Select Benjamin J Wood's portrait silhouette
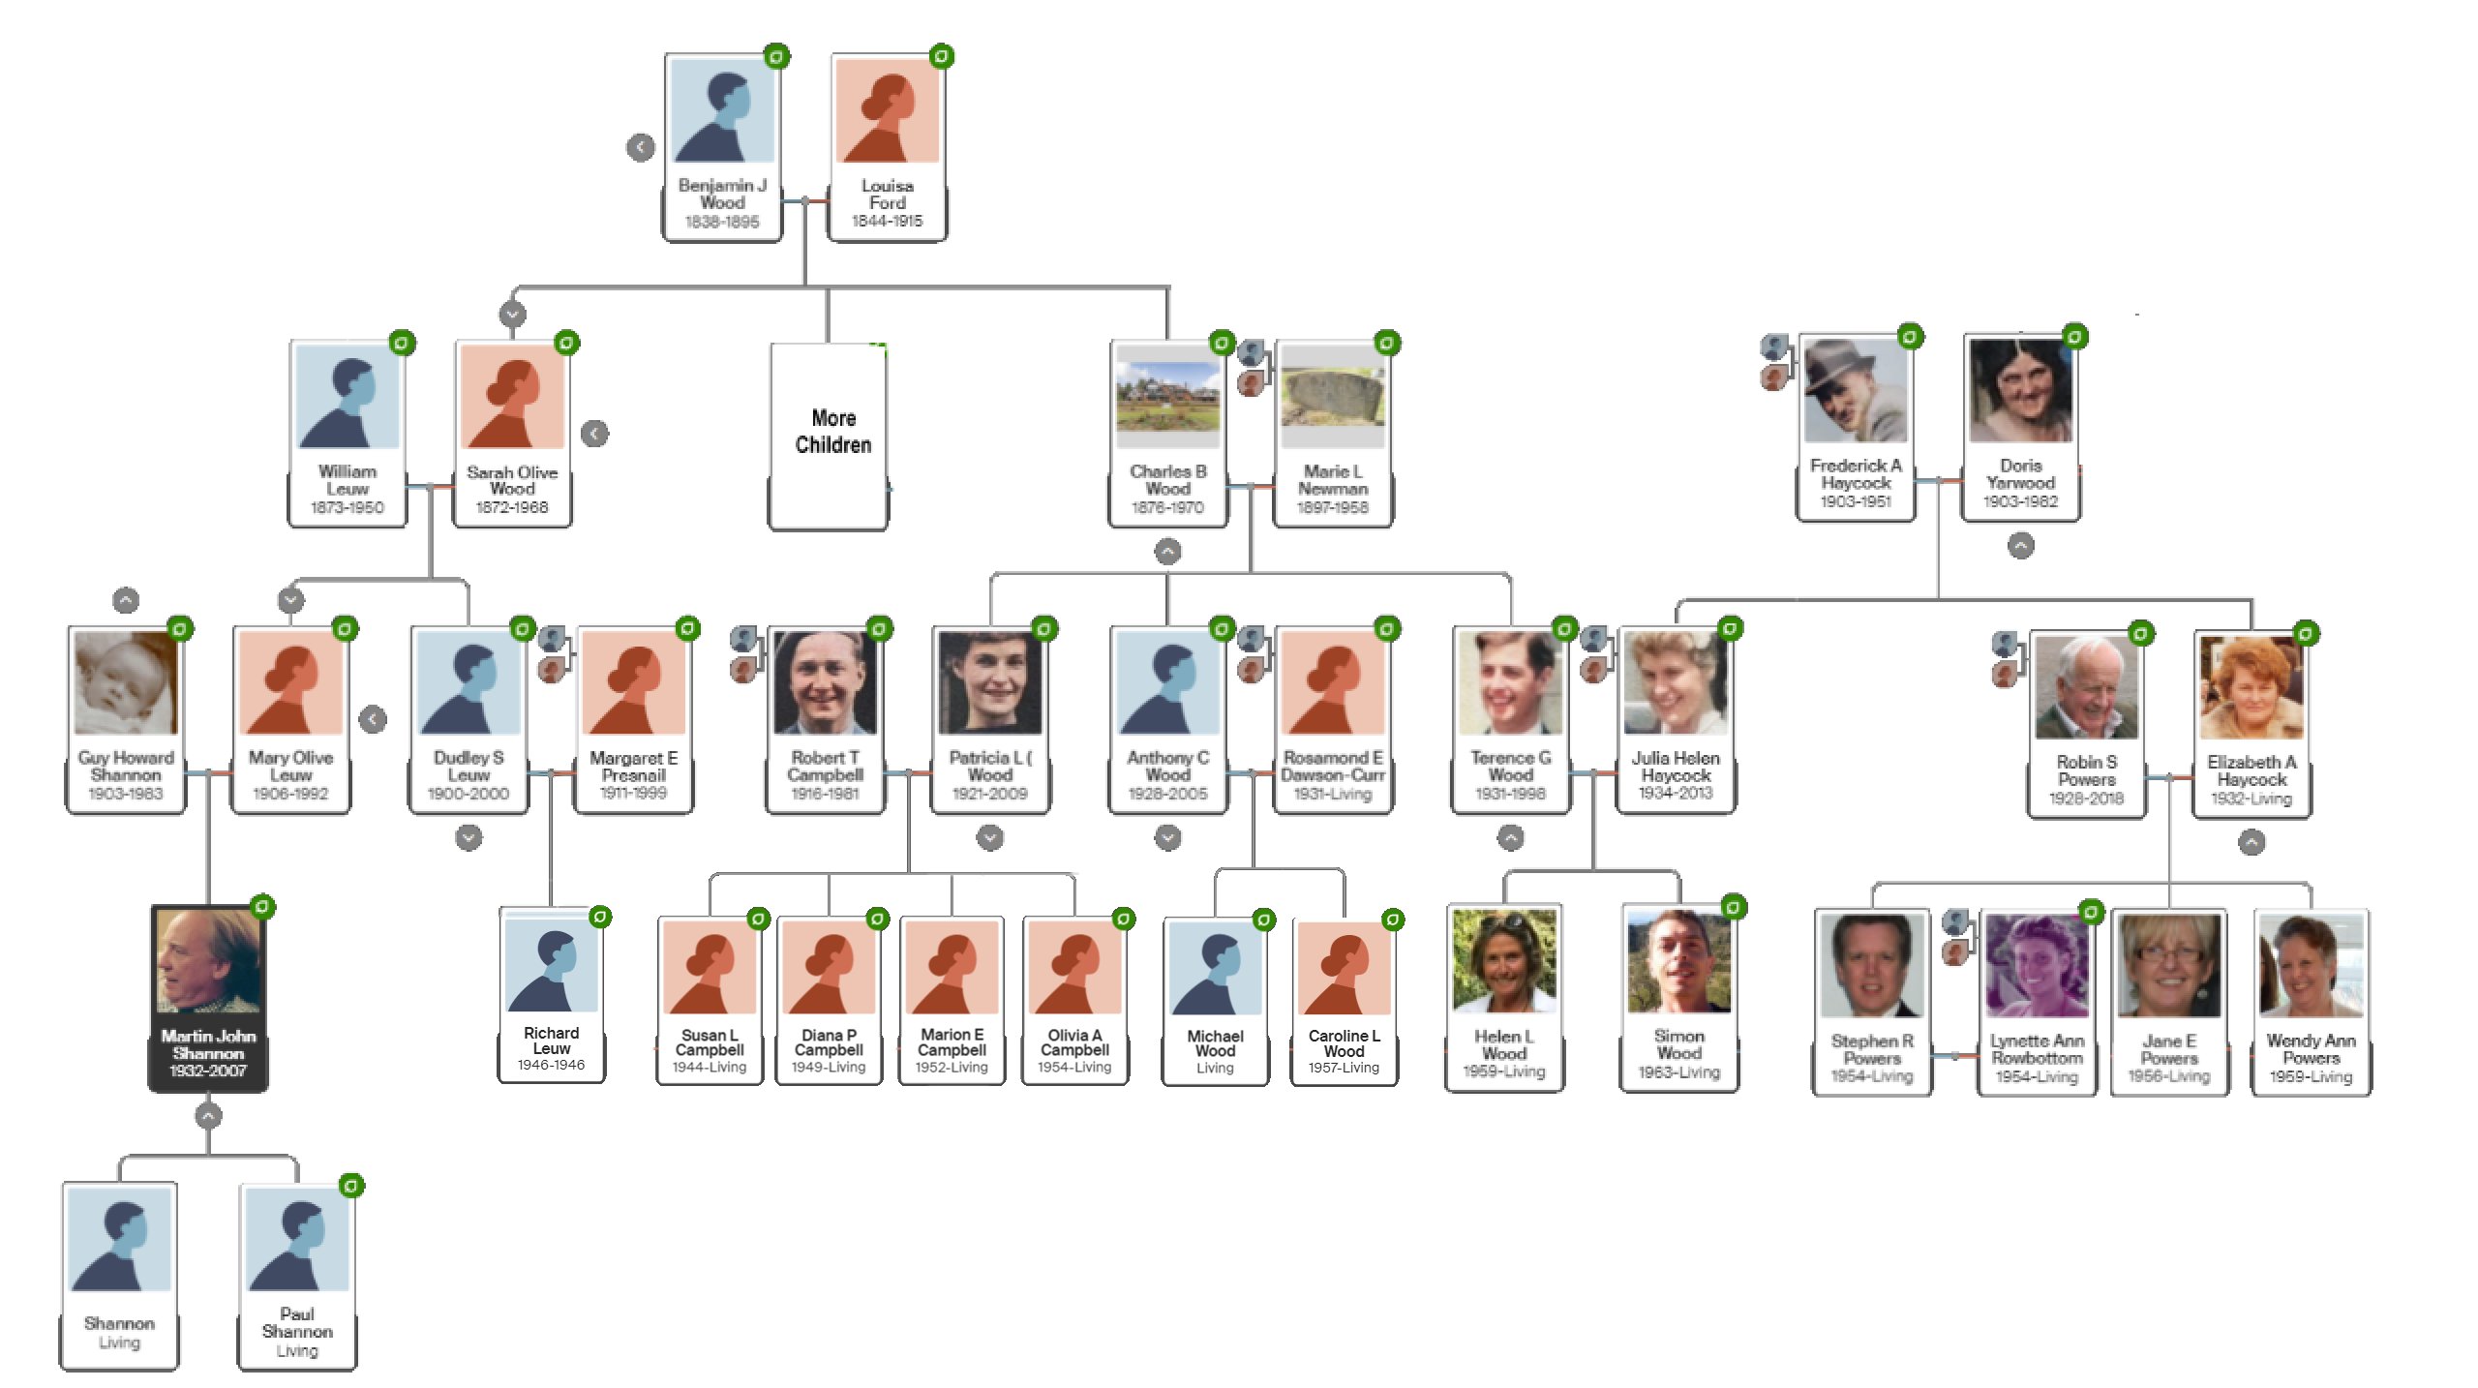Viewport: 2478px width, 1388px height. (722, 110)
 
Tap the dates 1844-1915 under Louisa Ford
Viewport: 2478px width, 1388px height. (887, 221)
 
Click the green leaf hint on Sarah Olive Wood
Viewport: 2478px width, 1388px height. (566, 343)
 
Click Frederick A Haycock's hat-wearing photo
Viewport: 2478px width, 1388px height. (1855, 390)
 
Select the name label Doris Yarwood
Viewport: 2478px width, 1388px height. (2020, 474)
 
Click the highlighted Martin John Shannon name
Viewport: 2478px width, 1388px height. (208, 1044)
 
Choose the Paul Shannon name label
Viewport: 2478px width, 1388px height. (297, 1322)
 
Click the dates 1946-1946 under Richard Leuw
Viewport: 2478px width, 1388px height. (551, 1065)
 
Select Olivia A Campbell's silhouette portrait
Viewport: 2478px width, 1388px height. (1074, 967)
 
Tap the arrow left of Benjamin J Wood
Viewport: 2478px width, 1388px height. (640, 147)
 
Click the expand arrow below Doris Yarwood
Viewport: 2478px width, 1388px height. (2020, 546)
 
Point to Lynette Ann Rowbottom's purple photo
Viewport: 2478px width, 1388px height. (2037, 965)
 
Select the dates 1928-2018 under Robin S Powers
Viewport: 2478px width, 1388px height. (2086, 799)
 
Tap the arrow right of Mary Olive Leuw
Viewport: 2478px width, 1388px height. (373, 719)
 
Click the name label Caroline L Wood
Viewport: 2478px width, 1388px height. (1344, 1043)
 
